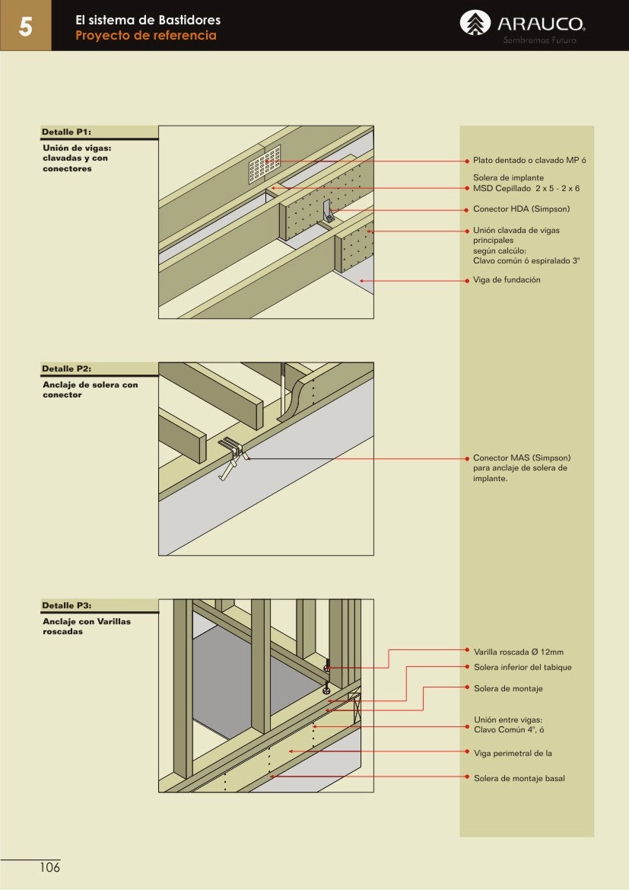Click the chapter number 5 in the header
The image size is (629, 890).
tap(25, 27)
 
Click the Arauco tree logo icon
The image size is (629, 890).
tap(476, 24)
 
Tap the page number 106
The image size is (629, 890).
tap(49, 867)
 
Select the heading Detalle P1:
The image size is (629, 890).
tap(66, 132)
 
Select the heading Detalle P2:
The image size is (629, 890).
tap(66, 368)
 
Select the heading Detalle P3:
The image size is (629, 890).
tap(66, 605)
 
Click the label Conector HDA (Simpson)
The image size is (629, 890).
tap(521, 209)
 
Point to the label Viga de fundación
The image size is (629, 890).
tap(507, 280)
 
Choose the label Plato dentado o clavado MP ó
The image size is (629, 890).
tap(529, 161)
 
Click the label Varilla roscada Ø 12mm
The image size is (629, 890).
tap(518, 652)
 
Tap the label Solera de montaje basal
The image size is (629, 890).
tap(519, 778)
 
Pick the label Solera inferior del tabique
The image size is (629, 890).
tap(522, 667)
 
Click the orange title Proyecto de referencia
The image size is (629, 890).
tap(145, 36)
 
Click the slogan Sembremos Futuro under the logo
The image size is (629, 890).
tap(539, 40)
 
